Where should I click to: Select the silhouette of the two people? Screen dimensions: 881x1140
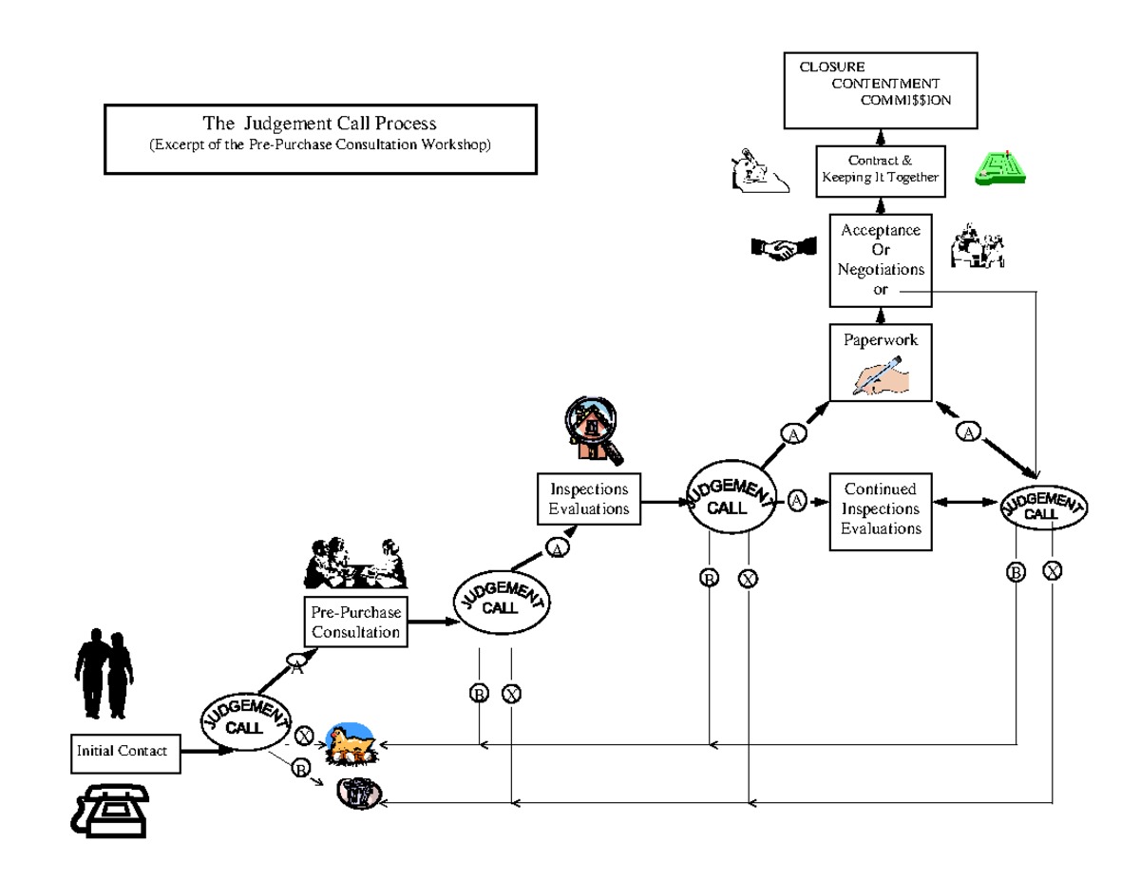(x=102, y=673)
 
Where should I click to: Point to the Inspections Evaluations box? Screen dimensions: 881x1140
(x=589, y=499)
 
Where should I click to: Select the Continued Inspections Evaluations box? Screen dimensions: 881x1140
(x=880, y=509)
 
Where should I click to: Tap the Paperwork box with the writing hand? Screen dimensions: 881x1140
(x=880, y=363)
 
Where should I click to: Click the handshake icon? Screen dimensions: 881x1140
(x=784, y=249)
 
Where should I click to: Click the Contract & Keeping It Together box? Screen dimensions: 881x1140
(x=880, y=170)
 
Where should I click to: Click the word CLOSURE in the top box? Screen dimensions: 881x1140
(x=831, y=67)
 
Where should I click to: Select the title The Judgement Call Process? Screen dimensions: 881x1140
(x=320, y=124)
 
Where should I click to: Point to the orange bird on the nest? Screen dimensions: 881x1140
(x=350, y=743)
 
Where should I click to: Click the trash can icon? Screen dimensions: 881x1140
(x=360, y=792)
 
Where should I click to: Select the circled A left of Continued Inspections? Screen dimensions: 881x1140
(x=797, y=499)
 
